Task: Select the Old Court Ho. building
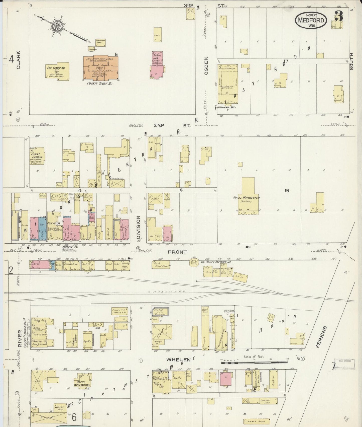click(57, 72)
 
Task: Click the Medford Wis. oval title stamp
click(311, 20)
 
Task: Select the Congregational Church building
click(37, 156)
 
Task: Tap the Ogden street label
click(206, 65)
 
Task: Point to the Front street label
click(178, 252)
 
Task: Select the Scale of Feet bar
click(254, 362)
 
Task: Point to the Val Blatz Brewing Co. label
click(216, 262)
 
